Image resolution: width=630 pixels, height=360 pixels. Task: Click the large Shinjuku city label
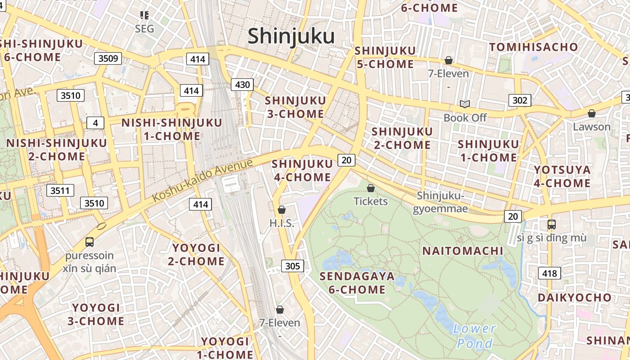point(291,36)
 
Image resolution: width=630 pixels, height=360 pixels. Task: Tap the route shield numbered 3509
point(108,58)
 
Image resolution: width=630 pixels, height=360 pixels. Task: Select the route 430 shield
point(242,84)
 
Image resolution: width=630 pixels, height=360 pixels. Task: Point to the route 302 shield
point(520,100)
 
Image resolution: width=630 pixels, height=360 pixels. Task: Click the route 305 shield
point(292,266)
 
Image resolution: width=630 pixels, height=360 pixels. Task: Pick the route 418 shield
point(549,273)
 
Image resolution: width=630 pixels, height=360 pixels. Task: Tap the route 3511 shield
point(60,190)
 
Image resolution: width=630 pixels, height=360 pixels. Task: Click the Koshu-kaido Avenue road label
point(202,180)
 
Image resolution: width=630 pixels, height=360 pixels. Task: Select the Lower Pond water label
point(474,336)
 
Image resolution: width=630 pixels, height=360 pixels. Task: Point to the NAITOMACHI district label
point(463,251)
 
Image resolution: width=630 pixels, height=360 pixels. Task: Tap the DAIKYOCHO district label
point(575,297)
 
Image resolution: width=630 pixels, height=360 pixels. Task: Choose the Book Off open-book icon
point(465,104)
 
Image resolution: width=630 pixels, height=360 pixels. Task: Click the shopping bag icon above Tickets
point(371,188)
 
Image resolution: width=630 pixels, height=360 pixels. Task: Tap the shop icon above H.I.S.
point(282,210)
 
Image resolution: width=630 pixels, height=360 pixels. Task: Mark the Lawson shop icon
point(592,113)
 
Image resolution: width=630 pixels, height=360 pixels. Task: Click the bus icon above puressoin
point(90,242)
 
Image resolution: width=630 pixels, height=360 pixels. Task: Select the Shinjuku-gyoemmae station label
point(440,202)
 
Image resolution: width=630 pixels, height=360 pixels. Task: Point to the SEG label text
point(144,29)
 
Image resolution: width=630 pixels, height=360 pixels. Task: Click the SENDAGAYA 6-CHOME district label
point(357,283)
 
